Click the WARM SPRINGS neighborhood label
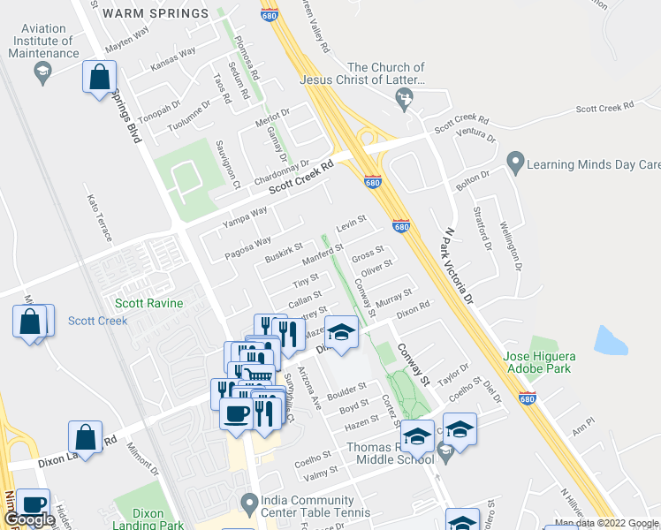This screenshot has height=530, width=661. click(156, 13)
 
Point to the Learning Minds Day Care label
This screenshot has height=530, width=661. click(593, 164)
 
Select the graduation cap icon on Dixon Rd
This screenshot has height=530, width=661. click(342, 333)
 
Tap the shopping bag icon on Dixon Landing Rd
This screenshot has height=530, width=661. click(85, 436)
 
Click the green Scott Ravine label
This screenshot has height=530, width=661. click(149, 303)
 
